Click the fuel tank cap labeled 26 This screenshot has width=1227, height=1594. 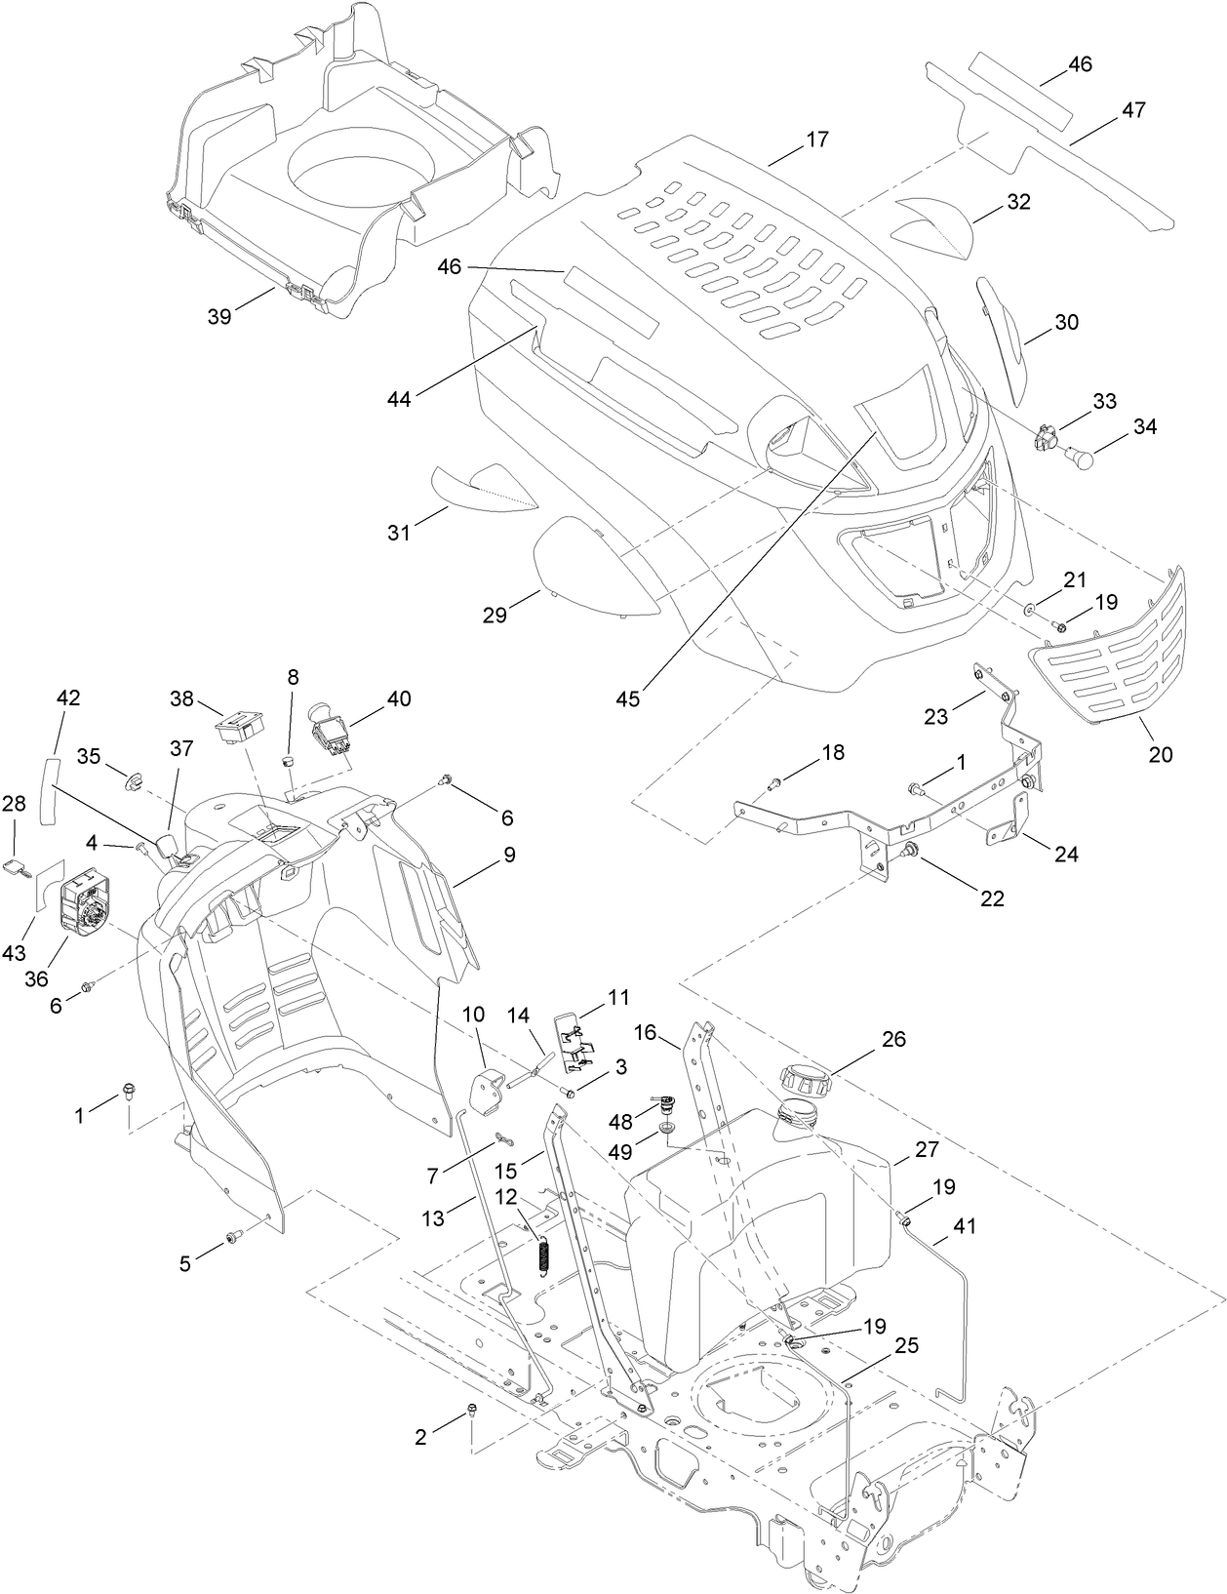coord(805,1078)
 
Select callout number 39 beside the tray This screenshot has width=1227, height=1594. coord(220,316)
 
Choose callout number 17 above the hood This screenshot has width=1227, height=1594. coord(817,139)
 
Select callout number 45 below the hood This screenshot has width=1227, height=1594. coord(629,699)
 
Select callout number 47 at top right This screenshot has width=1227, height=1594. coord(1132,110)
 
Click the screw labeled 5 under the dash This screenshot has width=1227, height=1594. coord(234,1237)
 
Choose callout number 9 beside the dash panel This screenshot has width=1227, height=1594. coord(509,855)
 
